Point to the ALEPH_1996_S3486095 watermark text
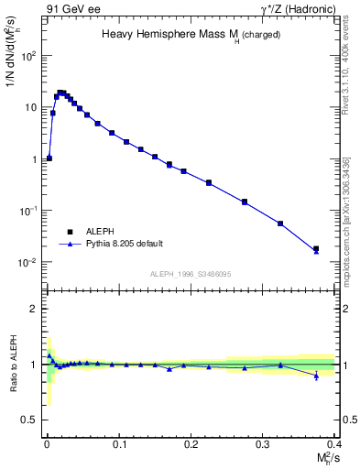191,274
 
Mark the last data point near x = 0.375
316,248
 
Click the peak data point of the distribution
60,93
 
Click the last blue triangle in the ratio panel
316,376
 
